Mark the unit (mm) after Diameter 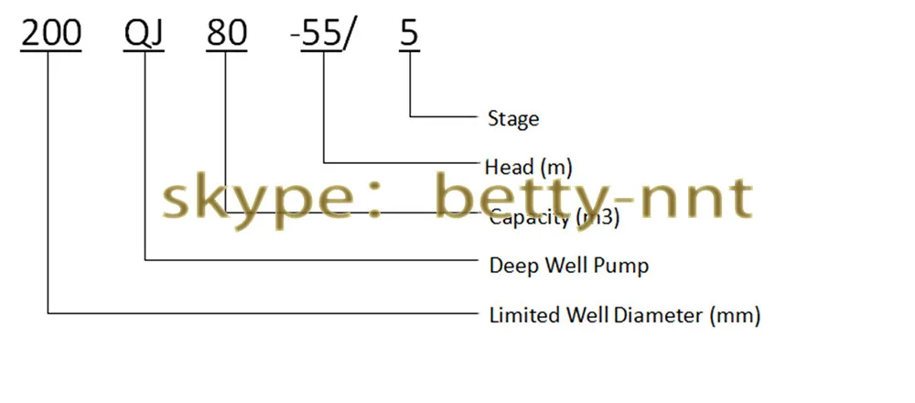[736, 316]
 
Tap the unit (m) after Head [556, 167]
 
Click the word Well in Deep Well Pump [570, 267]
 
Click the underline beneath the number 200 [51, 49]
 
